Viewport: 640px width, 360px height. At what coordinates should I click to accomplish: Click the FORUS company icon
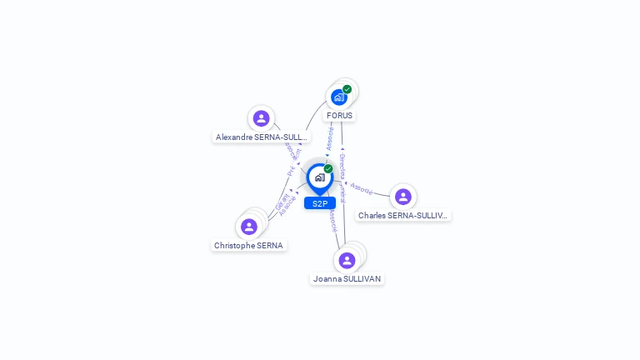point(339,97)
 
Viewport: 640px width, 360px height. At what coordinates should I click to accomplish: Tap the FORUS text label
point(339,116)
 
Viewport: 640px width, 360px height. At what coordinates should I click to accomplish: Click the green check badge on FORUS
point(347,89)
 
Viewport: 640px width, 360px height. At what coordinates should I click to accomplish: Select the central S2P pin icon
point(319,177)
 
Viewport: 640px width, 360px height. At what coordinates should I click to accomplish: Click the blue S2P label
point(320,203)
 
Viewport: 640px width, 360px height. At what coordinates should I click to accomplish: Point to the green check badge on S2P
point(328,168)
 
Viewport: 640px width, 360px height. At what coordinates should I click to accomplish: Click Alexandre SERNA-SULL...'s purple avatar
point(261,118)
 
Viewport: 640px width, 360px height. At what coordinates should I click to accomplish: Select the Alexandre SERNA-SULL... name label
point(262,137)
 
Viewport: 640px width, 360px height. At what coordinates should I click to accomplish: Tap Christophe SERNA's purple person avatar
point(248,227)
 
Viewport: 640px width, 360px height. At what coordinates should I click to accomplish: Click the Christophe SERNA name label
point(248,246)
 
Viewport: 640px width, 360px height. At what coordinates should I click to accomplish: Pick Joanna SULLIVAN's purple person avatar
point(347,260)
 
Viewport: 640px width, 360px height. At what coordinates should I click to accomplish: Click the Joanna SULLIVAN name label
point(347,279)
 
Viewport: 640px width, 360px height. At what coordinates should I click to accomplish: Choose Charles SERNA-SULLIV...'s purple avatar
point(403,197)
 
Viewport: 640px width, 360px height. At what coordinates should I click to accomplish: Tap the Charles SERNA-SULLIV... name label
point(403,216)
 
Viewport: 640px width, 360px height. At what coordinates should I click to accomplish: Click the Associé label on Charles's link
point(362,188)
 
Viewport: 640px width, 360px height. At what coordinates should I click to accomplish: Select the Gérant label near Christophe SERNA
point(281,200)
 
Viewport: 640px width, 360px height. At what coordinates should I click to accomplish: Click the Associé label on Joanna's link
point(332,219)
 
